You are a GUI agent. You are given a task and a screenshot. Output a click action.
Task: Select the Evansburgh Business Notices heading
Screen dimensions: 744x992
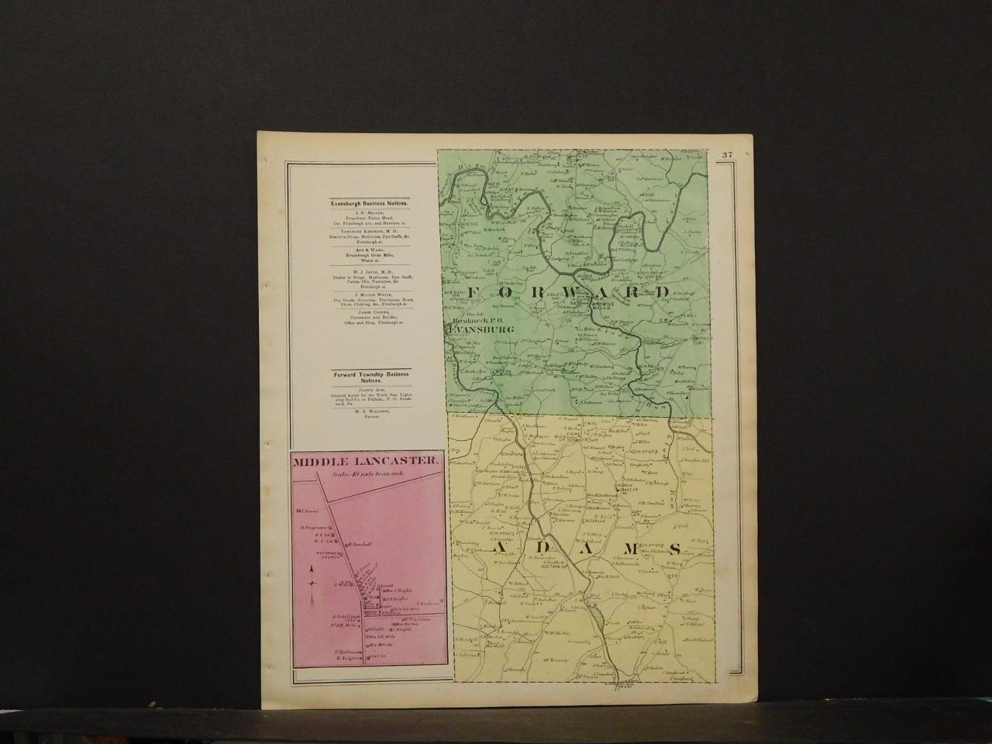click(366, 203)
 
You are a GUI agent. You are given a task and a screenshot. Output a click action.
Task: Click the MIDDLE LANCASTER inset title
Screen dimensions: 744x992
click(365, 460)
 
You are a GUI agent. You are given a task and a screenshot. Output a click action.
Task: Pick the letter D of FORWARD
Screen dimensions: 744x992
click(661, 292)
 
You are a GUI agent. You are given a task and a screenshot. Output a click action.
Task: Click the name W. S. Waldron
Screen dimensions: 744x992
click(366, 412)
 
